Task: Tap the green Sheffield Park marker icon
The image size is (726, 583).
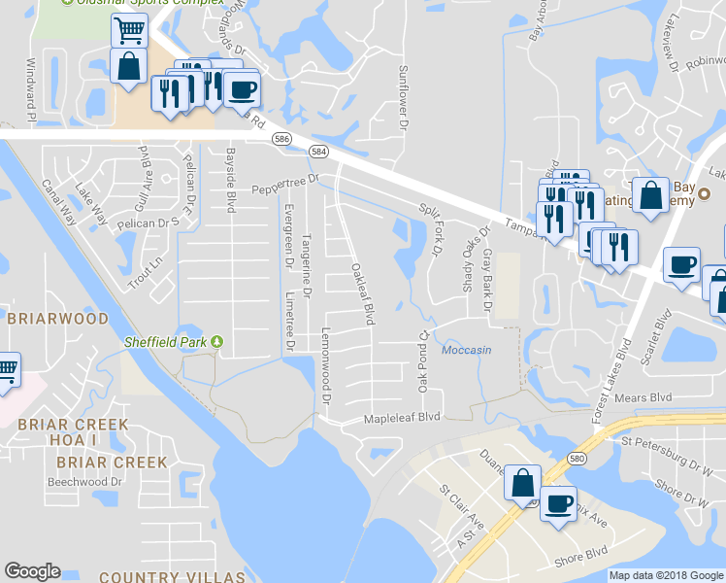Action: coord(217,342)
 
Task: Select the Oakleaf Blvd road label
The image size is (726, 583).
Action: coord(363,293)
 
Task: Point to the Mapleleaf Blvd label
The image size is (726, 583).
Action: coord(402,418)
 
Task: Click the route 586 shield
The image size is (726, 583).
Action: coord(281,140)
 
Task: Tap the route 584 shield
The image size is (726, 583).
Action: coord(317,152)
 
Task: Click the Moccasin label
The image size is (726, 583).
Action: coord(466,350)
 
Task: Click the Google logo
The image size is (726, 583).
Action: coord(32,571)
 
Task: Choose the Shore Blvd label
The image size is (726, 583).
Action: coord(580,561)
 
